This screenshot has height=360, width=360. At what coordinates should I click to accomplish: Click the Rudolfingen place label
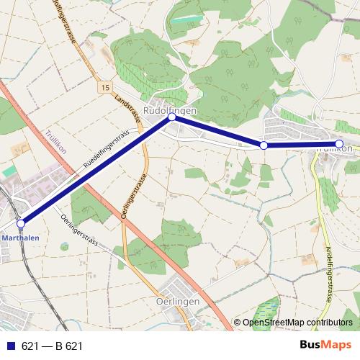coord(170,110)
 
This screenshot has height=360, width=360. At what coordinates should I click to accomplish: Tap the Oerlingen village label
coord(177,302)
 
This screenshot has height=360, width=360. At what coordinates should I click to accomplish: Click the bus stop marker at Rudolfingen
coord(171,117)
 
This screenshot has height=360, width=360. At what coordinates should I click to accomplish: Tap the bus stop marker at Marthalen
coord(21,223)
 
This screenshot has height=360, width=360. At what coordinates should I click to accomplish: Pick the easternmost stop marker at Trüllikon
coord(339,143)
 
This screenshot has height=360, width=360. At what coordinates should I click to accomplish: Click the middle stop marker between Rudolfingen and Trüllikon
coord(264,145)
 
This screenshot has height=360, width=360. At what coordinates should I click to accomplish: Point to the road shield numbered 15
coord(105,86)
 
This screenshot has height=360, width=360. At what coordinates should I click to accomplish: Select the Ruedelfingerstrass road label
coord(106,149)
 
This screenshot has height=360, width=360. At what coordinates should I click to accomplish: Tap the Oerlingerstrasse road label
coord(133,197)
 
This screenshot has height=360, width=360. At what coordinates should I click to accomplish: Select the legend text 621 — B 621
coord(52,346)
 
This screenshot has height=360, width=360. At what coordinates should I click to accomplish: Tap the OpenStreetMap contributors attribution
coord(293,323)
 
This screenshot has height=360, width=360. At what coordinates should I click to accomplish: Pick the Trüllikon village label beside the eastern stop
coord(335,150)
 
